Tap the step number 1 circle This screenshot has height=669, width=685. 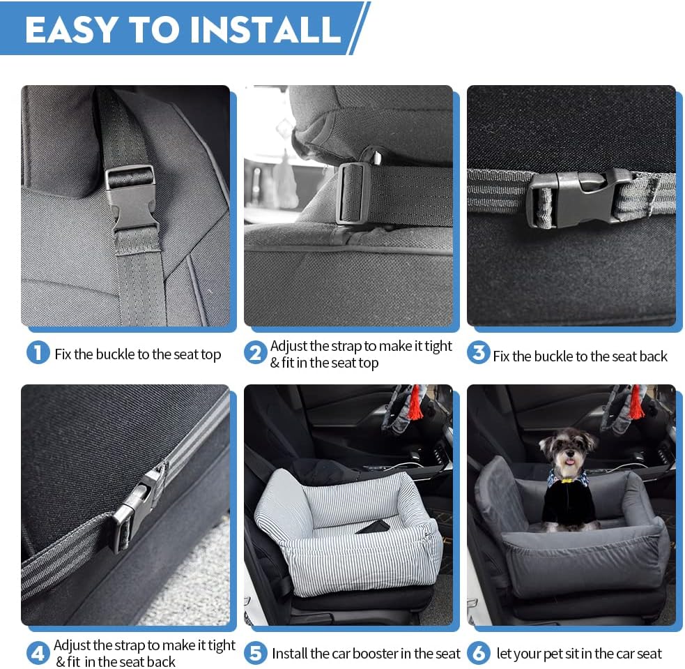[38, 353]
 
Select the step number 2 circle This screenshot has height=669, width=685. [255, 353]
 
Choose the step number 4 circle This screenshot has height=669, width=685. [38, 654]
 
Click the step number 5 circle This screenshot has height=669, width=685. [255, 654]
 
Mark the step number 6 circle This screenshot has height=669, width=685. [478, 654]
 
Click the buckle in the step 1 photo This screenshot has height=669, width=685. [132, 199]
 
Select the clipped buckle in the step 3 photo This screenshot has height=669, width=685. [578, 197]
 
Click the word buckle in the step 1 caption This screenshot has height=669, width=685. [115, 354]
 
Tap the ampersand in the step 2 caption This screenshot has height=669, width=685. [275, 363]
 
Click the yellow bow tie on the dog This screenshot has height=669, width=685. [569, 479]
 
